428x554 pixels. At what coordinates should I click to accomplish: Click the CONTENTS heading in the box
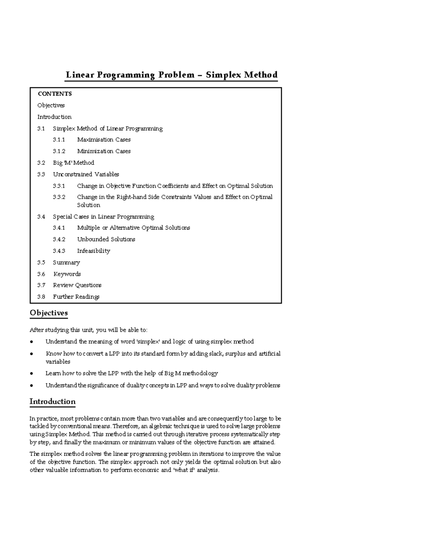tap(55, 94)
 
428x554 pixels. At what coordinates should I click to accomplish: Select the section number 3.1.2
tap(59, 151)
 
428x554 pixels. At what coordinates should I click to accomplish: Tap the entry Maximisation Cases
tap(104, 139)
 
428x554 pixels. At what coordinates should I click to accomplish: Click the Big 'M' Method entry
tap(73, 163)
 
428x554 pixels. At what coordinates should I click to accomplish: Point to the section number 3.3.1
tap(59, 186)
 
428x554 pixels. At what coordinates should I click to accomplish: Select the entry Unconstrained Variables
tap(86, 174)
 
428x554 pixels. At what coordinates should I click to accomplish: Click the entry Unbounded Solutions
tap(106, 239)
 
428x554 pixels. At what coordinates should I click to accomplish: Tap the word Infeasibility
tap(93, 251)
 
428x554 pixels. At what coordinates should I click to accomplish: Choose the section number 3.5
tap(41, 263)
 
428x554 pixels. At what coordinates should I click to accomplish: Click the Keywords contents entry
tap(67, 274)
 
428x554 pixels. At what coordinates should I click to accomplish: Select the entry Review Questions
tap(77, 285)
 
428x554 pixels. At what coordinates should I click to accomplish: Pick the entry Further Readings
tap(76, 297)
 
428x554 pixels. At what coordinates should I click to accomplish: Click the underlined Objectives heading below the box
tap(49, 313)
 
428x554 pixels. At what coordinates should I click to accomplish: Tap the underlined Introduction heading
tap(52, 401)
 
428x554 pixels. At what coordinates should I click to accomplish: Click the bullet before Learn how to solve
tap(32, 373)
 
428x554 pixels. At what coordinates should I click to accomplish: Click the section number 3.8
tap(41, 297)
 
